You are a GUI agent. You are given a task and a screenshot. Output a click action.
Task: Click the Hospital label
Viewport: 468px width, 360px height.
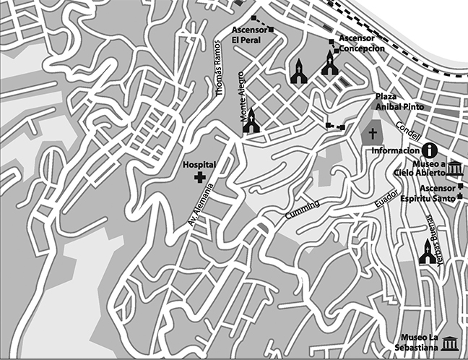click(200, 165)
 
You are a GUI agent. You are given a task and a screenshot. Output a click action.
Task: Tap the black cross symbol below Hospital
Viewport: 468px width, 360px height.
click(199, 176)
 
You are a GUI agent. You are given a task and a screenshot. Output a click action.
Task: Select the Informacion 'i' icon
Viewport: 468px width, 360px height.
click(430, 150)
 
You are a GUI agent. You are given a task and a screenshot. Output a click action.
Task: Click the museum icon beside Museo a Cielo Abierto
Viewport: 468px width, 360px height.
click(456, 169)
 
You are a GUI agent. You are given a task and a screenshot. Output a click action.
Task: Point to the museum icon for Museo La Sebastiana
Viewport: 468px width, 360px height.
click(451, 343)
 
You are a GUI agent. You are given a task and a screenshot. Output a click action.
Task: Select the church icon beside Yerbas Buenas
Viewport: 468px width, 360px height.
click(428, 252)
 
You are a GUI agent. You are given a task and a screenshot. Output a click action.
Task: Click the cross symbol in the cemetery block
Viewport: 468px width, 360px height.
click(373, 134)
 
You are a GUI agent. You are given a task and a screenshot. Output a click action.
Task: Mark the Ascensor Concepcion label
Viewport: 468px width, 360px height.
click(360, 43)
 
